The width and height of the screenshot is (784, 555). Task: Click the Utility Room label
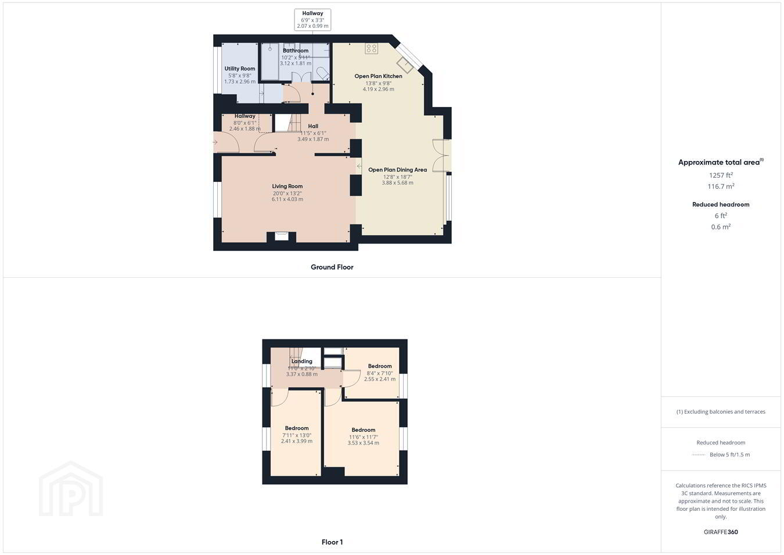pyautogui.click(x=240, y=69)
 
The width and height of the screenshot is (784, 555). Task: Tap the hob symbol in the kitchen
pyautogui.click(x=371, y=48)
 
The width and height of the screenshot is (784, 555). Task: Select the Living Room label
pyautogui.click(x=287, y=187)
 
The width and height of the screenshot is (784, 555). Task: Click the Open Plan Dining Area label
pyautogui.click(x=398, y=170)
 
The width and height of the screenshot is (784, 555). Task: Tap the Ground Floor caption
pyautogui.click(x=332, y=267)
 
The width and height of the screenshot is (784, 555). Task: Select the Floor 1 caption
pyautogui.click(x=332, y=542)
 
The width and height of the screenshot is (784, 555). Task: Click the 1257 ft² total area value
pyautogui.click(x=721, y=175)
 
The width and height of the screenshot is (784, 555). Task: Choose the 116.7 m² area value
pyautogui.click(x=721, y=187)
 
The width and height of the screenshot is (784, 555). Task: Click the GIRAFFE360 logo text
pyautogui.click(x=721, y=532)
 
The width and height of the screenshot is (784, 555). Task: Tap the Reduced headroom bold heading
pyautogui.click(x=721, y=205)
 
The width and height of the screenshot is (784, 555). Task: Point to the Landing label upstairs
pyautogui.click(x=302, y=361)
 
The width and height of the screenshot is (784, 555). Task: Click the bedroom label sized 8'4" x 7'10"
pyautogui.click(x=380, y=366)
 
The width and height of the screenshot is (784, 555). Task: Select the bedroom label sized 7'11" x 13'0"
pyautogui.click(x=297, y=428)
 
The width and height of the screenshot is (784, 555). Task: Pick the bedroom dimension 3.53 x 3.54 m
pyautogui.click(x=364, y=443)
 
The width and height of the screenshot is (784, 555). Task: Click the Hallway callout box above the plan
pyautogui.click(x=312, y=20)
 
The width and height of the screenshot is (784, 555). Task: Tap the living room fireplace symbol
pyautogui.click(x=282, y=237)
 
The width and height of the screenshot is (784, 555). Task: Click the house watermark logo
pyautogui.click(x=71, y=489)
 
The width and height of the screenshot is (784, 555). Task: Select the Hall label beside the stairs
pyautogui.click(x=313, y=126)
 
